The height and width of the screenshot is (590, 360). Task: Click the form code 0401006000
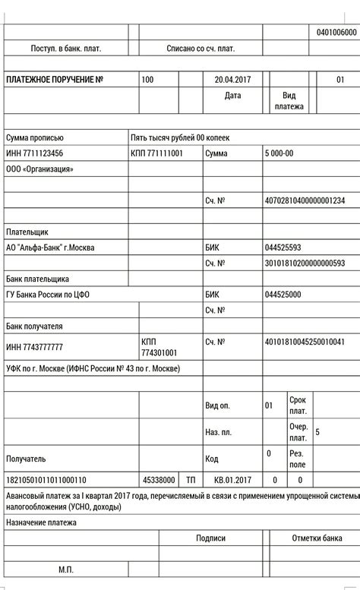point(336,33)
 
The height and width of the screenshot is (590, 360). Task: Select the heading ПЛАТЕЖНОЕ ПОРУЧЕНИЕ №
point(55,80)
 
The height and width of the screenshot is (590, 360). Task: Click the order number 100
point(147,80)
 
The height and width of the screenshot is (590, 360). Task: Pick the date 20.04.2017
point(232,80)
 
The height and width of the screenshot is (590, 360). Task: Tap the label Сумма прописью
point(35,138)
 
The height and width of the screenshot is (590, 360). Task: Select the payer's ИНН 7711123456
point(35,153)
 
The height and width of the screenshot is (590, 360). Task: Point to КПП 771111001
point(157,153)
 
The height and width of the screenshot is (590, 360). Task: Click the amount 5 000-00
point(279,153)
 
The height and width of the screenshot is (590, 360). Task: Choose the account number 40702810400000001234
point(305,200)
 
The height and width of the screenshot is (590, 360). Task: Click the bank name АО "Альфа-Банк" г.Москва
point(51,247)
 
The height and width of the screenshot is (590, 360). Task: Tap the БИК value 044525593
point(283,248)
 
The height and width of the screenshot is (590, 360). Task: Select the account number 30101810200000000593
point(305,263)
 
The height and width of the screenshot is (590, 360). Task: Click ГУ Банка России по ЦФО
point(48,295)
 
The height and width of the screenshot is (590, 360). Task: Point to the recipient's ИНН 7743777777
point(35,347)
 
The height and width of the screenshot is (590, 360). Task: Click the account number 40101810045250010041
point(305,342)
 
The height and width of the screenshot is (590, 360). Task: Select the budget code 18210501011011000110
point(46,480)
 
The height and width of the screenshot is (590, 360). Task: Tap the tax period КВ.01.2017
point(232,480)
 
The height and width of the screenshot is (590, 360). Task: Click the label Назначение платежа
point(41,522)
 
